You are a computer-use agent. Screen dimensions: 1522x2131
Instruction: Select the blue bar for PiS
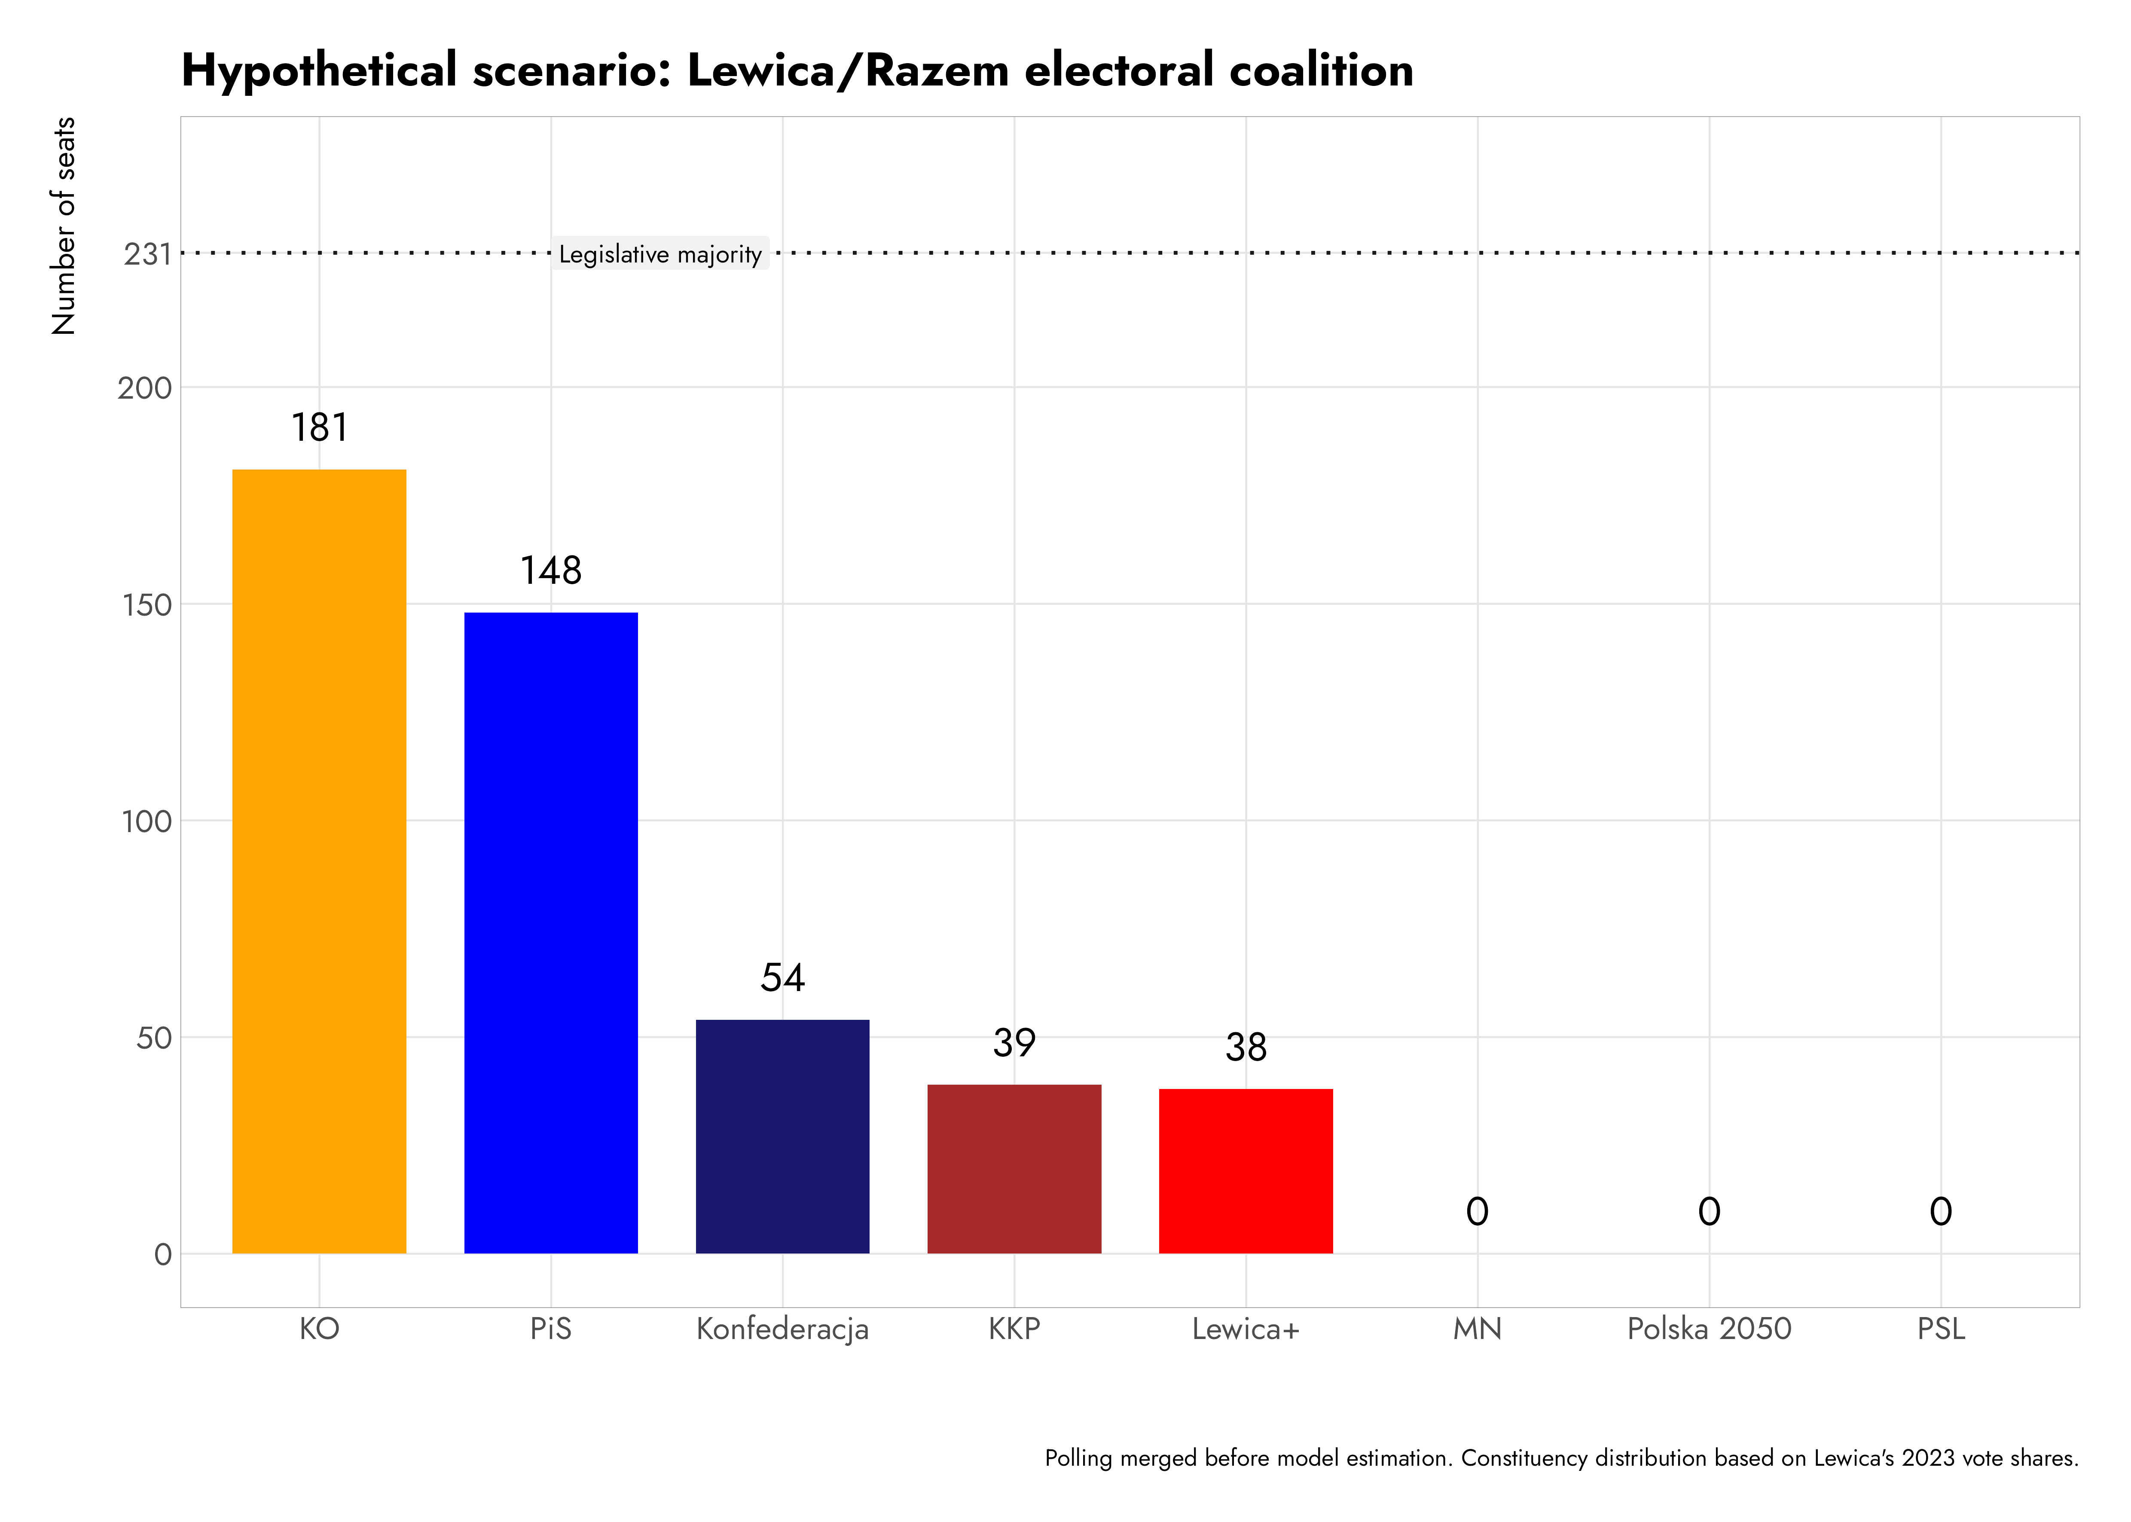pos(551,933)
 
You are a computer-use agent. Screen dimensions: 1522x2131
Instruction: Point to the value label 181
pos(320,428)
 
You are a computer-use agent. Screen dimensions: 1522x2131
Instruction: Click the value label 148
pos(551,571)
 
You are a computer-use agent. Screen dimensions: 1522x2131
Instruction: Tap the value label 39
pos(1014,1043)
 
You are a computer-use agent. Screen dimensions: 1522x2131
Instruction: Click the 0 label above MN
pos(1477,1212)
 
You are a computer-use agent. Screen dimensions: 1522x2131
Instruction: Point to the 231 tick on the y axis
pos(147,254)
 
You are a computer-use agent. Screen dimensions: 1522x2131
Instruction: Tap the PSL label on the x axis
pos(1941,1329)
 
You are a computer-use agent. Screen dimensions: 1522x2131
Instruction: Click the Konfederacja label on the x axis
pos(782,1329)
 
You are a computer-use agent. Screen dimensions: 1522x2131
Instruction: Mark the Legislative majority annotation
pos(660,254)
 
